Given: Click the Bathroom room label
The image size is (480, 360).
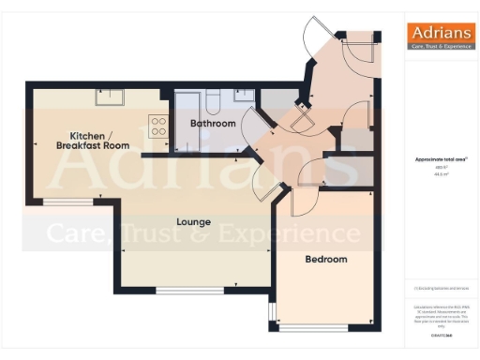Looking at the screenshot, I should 212,123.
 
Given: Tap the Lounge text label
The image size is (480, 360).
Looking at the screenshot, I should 193,222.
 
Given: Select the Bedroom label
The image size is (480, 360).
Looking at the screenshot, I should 326,259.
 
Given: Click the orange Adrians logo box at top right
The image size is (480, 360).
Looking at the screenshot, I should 438,35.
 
